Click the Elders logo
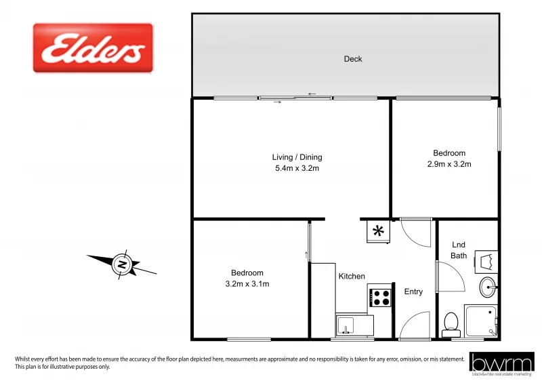pyautogui.click(x=93, y=48)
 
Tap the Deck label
pyautogui.click(x=353, y=59)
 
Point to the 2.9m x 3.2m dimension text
pyautogui.click(x=449, y=164)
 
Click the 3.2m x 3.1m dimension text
pyautogui.click(x=247, y=284)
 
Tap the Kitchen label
pyautogui.click(x=352, y=276)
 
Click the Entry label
pyautogui.click(x=413, y=291)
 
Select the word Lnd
pyautogui.click(x=459, y=245)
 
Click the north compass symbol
pyautogui.click(x=121, y=264)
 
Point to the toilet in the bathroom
pyautogui.click(x=451, y=323)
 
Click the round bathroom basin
pyautogui.click(x=488, y=287)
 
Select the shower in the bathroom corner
pyautogui.click(x=482, y=321)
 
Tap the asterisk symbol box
pyautogui.click(x=379, y=231)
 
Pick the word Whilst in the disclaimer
pyautogui.click(x=25, y=359)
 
